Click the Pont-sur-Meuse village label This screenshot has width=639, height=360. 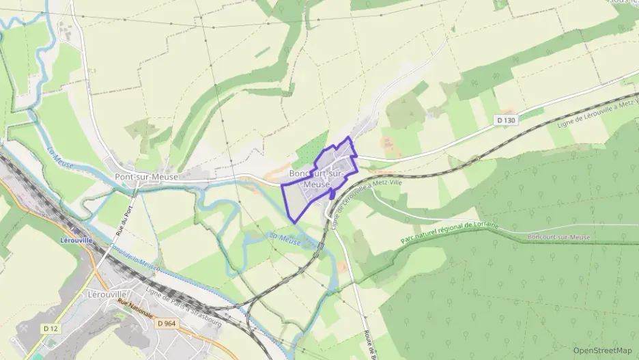(141, 177)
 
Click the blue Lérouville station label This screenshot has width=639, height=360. (76, 240)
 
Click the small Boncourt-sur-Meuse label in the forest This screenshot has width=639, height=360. (559, 236)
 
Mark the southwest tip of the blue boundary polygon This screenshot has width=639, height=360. (294, 222)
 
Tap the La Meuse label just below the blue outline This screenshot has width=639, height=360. (285, 237)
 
